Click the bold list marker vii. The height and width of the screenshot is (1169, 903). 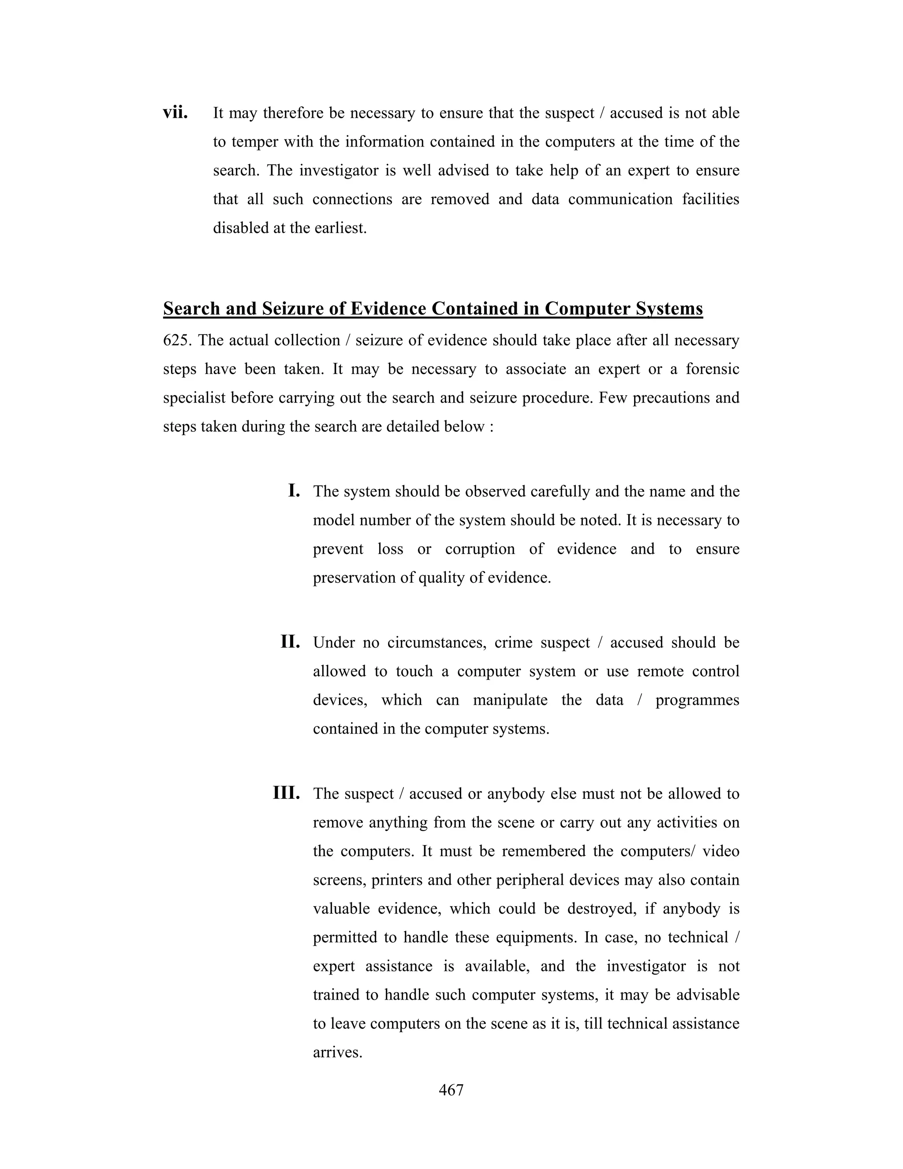(175, 113)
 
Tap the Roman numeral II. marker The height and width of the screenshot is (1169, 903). (290, 641)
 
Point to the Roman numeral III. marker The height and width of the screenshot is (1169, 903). (286, 792)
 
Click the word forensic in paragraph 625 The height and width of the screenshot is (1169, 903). (712, 369)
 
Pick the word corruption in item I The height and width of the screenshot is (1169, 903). (480, 549)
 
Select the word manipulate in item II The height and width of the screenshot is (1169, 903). (510, 700)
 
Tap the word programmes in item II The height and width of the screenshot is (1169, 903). (697, 700)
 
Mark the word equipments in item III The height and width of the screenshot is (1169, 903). (534, 938)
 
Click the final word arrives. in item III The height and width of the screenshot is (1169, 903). (338, 1053)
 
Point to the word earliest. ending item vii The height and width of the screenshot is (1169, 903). (340, 228)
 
